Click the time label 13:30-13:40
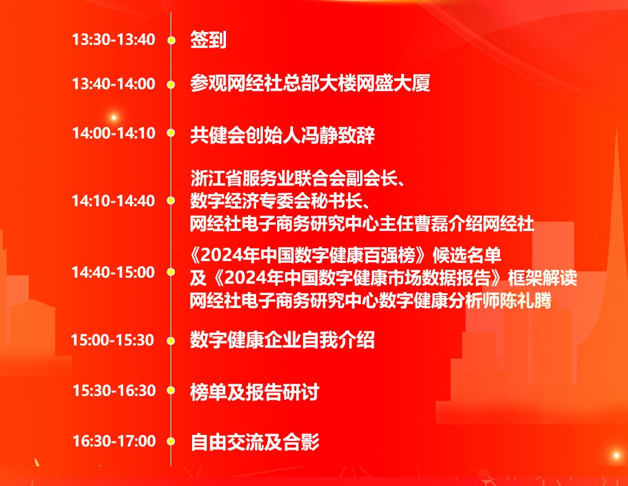[x=113, y=39]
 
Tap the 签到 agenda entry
[x=208, y=39]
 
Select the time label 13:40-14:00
[x=113, y=84]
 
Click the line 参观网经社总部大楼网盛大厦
[x=310, y=83]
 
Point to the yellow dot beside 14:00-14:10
[x=171, y=132]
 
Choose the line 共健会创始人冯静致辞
[x=283, y=135]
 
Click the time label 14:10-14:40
[x=113, y=201]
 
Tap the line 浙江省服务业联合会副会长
[x=293, y=178]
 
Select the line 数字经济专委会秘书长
[x=276, y=201]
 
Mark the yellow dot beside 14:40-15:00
[x=171, y=272]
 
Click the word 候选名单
[x=467, y=255]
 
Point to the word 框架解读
[x=542, y=278]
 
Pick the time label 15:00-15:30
[x=113, y=340]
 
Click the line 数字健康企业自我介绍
[x=283, y=340]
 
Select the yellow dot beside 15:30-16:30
[x=171, y=391]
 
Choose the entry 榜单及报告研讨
[x=255, y=392]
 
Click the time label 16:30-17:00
[x=114, y=441]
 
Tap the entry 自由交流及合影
[x=255, y=442]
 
